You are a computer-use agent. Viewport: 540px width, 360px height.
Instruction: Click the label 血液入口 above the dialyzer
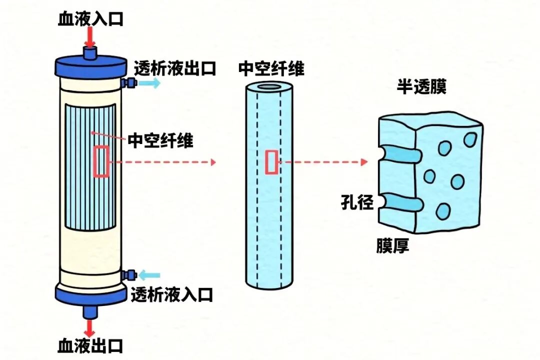pyautogui.click(x=90, y=19)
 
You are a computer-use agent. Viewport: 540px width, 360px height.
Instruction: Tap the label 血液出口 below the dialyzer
pyautogui.click(x=90, y=345)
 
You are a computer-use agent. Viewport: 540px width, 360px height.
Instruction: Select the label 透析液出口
pyautogui.click(x=175, y=68)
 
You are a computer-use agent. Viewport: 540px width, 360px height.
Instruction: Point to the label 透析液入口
pyautogui.click(x=172, y=294)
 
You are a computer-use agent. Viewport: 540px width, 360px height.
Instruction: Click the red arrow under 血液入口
pyautogui.click(x=90, y=37)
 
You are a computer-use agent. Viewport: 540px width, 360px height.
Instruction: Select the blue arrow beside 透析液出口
pyautogui.click(x=150, y=83)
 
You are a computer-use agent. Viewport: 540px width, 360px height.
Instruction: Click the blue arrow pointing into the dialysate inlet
pyautogui.click(x=149, y=274)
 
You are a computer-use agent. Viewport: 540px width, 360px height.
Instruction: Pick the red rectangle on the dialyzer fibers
pyautogui.click(x=101, y=161)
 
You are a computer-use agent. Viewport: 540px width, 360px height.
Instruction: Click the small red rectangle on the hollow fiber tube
pyautogui.click(x=271, y=162)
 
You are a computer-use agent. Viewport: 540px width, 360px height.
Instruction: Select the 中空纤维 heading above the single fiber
pyautogui.click(x=271, y=68)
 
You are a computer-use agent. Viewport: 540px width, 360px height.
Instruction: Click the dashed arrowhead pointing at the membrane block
pyautogui.click(x=364, y=162)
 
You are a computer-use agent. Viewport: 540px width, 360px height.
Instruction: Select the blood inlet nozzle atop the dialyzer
pyautogui.click(x=90, y=52)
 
